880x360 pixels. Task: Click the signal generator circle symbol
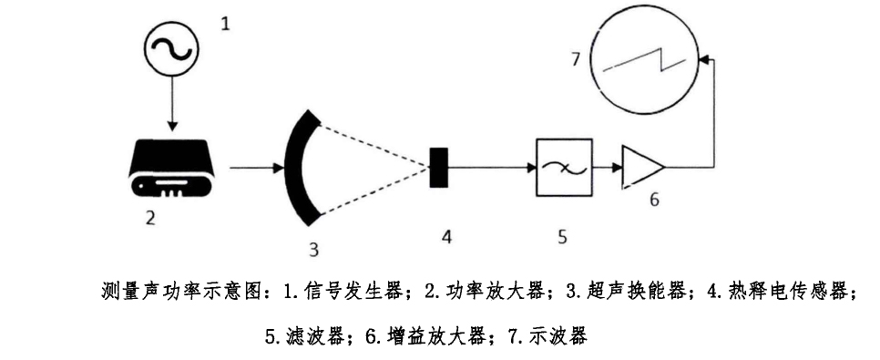pyautogui.click(x=170, y=51)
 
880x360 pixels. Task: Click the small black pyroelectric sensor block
pyautogui.click(x=437, y=168)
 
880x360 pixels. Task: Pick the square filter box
pyautogui.click(x=562, y=168)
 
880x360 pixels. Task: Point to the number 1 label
pyautogui.click(x=227, y=20)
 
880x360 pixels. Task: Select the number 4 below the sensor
pyautogui.click(x=446, y=235)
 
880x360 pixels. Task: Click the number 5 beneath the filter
pyautogui.click(x=562, y=236)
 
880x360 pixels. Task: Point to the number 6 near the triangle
pyautogui.click(x=652, y=199)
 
